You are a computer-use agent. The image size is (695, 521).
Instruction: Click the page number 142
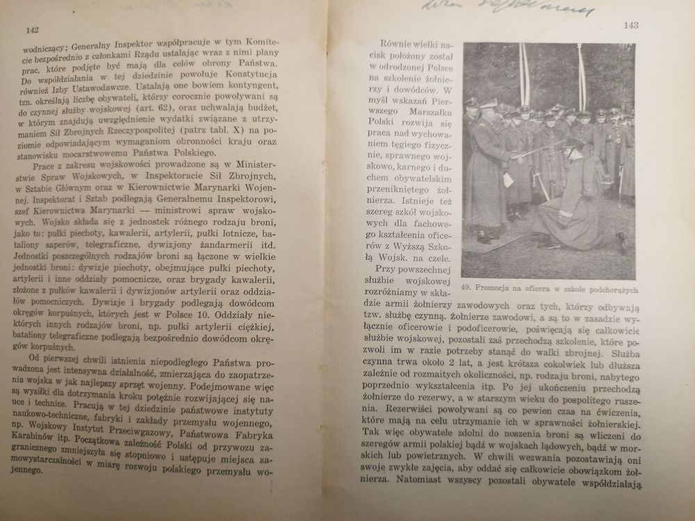[x=31, y=29]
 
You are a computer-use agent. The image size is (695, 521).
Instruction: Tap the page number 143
[x=631, y=25]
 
